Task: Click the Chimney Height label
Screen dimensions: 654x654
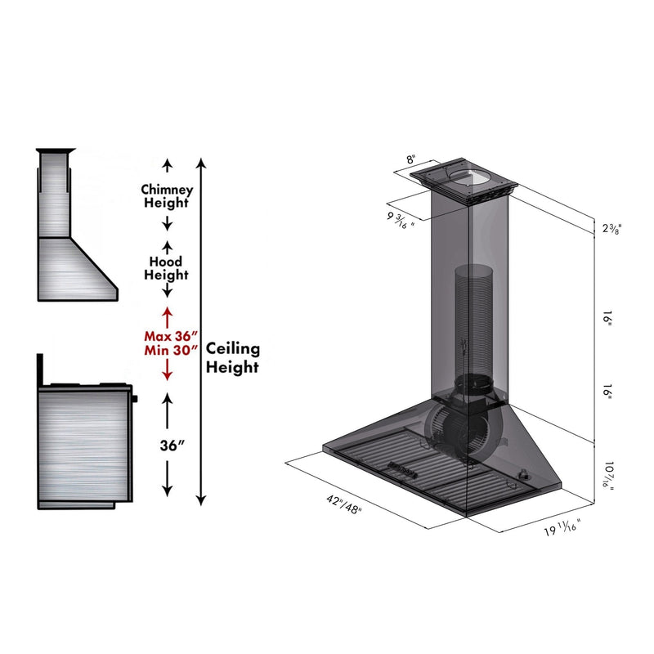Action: [x=168, y=196]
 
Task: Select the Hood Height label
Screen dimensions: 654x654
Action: [x=167, y=268]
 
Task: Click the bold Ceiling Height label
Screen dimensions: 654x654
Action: [x=232, y=358]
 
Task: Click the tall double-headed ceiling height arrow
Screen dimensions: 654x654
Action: [x=202, y=327]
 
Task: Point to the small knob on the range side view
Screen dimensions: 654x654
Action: [x=136, y=399]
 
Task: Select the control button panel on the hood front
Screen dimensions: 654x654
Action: [x=404, y=468]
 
